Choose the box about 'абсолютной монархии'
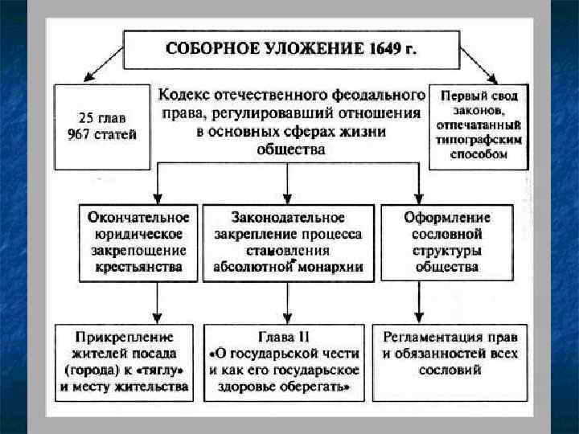pos(288,243)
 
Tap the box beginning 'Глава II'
pos(285,362)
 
